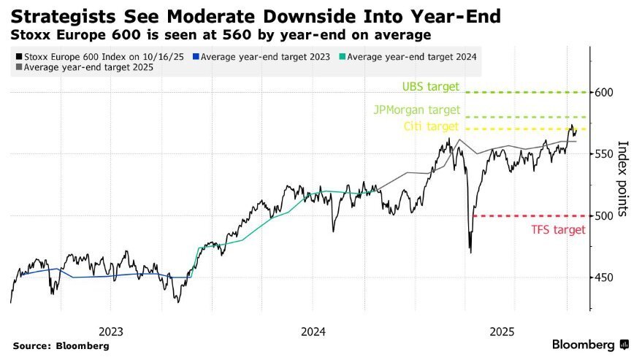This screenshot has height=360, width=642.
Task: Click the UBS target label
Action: [x=430, y=87]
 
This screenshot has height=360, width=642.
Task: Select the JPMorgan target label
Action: [x=416, y=110]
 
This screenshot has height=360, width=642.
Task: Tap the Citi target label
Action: [x=432, y=127]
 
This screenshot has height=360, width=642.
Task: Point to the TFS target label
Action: [x=557, y=229]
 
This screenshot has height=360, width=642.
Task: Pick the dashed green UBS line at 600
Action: [x=526, y=92]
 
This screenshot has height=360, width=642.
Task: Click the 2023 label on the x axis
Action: [x=110, y=331]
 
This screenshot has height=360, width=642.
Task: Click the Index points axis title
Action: [x=623, y=179]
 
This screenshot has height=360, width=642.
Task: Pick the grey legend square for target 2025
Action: [x=18, y=67]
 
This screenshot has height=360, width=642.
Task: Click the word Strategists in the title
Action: [x=59, y=15]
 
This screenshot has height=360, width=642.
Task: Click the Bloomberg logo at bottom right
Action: [x=591, y=345]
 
